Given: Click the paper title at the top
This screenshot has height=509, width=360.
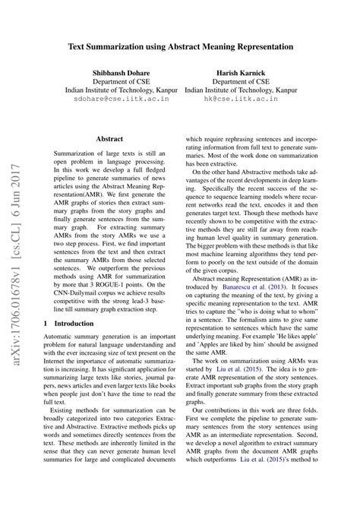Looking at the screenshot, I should pyautogui.click(x=181, y=46).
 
